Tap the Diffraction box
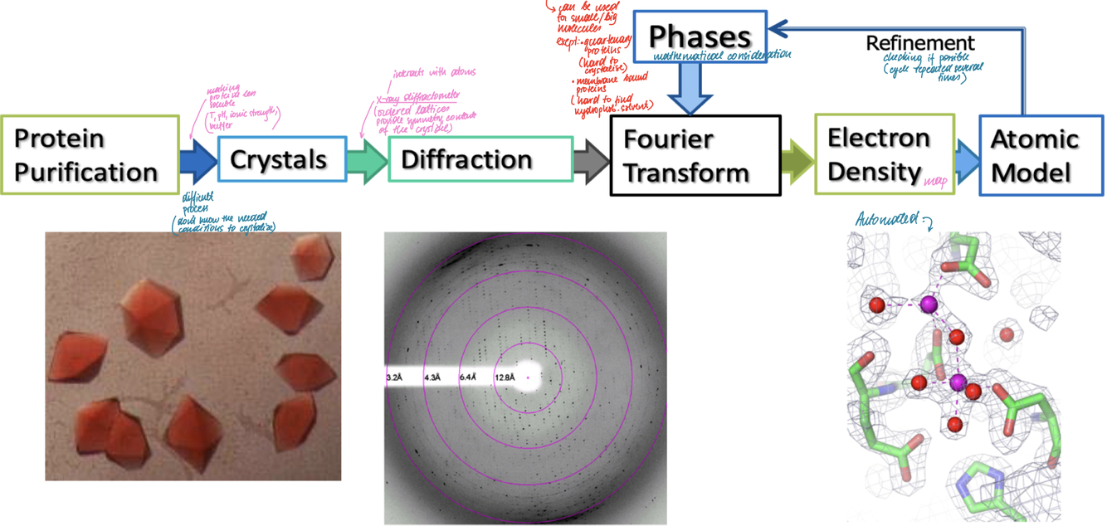tap(480, 158)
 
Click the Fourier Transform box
tap(695, 155)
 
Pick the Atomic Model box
tap(1041, 155)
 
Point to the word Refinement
tap(920, 42)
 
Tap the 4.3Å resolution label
tap(432, 378)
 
